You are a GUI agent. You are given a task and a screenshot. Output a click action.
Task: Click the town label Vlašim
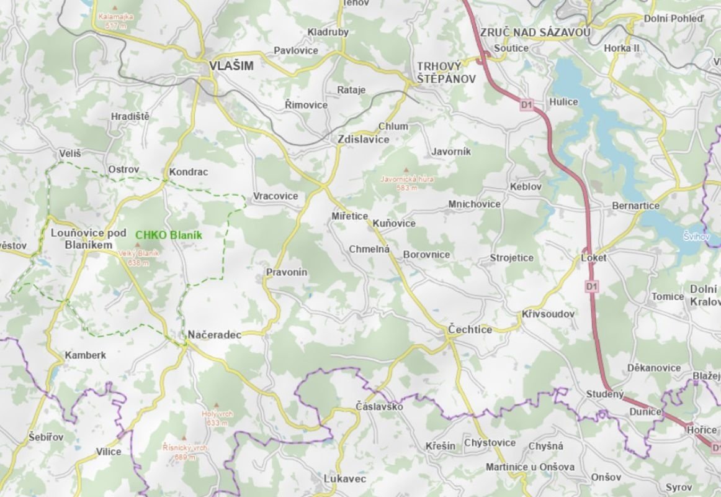point(231,65)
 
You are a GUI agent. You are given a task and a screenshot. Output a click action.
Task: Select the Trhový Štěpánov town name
point(446,73)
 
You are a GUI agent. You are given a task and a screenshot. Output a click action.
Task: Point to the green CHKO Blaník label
point(169,235)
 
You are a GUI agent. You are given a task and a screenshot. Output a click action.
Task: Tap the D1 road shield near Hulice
point(527,106)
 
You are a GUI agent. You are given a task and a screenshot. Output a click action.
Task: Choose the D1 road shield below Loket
point(591,286)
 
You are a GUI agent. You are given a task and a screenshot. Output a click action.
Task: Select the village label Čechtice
point(470,329)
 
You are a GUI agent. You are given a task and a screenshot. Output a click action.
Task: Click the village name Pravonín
point(286,272)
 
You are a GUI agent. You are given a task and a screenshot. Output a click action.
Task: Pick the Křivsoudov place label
point(548,314)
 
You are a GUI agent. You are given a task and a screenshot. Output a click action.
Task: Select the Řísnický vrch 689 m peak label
point(184,452)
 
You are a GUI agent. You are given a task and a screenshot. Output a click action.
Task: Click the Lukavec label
point(345,479)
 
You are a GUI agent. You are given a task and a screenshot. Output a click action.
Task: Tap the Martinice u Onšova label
point(530,467)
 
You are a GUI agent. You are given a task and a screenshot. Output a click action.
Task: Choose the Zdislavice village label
point(363,140)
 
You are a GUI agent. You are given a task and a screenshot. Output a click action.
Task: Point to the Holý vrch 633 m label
point(215,417)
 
